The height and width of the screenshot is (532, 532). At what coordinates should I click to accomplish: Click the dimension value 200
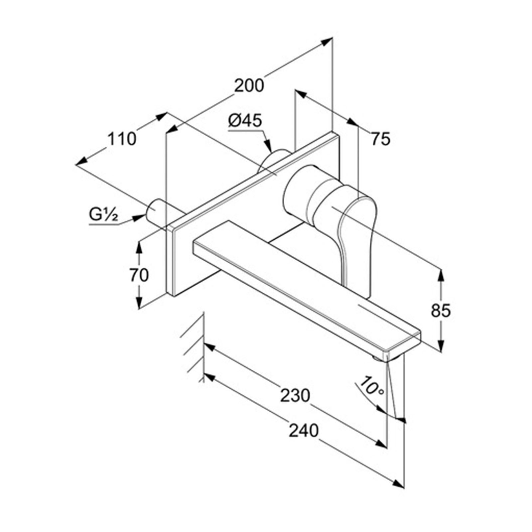click(249, 86)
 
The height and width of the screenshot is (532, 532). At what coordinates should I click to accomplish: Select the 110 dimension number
click(121, 139)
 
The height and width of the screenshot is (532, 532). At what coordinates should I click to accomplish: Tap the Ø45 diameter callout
click(245, 120)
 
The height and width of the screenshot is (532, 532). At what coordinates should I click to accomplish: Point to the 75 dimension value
click(381, 139)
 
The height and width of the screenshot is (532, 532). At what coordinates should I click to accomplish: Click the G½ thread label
click(103, 215)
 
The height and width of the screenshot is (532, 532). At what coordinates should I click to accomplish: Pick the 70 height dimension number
click(139, 275)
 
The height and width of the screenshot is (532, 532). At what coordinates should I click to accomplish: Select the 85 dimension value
click(441, 311)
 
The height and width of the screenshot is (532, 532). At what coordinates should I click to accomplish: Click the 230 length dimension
click(295, 396)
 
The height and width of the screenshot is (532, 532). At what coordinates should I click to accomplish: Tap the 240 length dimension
click(304, 431)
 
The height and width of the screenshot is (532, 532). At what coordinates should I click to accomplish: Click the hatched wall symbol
click(193, 347)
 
